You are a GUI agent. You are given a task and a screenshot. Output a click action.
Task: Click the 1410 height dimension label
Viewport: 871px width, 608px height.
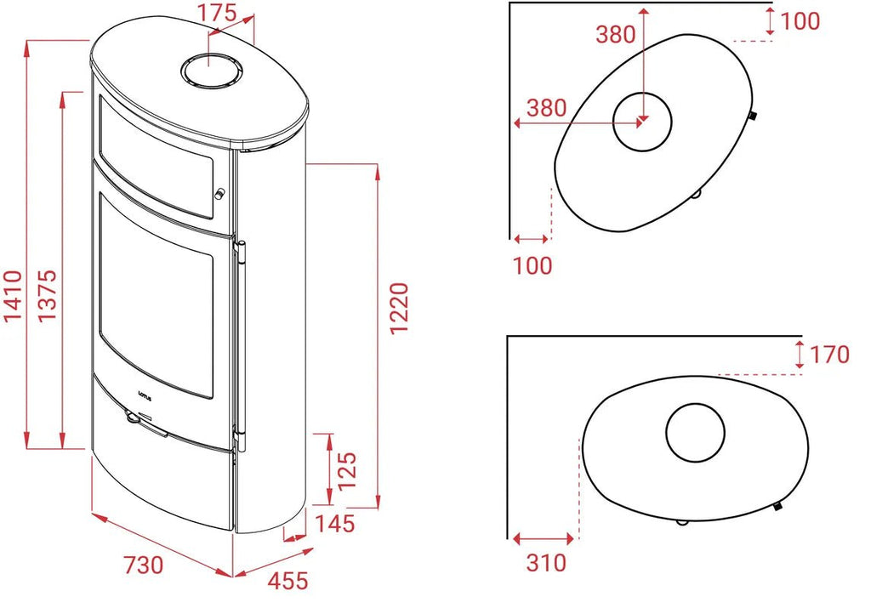pos(14,295)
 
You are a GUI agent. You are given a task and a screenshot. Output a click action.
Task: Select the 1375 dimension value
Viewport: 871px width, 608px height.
pos(48,295)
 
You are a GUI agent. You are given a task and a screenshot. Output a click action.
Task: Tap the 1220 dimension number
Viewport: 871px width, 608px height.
pos(400,309)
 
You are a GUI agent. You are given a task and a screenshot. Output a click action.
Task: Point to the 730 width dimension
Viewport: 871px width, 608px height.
pos(143,565)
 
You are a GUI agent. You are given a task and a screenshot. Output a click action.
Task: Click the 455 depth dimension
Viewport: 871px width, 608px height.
pos(287,582)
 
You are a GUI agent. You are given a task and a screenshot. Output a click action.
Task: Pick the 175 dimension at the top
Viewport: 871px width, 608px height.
pos(218,14)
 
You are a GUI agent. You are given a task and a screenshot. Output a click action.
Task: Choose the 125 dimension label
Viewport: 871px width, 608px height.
pos(347,471)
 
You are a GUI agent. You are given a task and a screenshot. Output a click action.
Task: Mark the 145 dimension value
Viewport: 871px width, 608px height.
pos(335,524)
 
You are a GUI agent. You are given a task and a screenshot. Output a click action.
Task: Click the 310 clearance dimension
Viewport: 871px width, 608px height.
pos(546,563)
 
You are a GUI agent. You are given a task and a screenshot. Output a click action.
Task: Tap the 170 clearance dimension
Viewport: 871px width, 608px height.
pos(830,355)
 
